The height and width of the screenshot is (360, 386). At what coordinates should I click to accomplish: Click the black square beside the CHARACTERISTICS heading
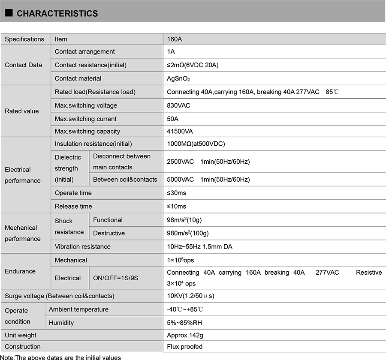9,13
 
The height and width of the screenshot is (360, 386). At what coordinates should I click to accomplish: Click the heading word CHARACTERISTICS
57,14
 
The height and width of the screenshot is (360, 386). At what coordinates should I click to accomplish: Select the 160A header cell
175,39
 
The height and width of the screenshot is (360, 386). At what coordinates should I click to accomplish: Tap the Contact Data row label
24,65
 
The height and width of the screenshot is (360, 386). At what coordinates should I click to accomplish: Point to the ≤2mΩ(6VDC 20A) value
193,65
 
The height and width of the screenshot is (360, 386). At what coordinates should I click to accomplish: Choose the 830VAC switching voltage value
178,105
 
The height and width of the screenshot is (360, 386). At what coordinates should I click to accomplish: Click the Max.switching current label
86,119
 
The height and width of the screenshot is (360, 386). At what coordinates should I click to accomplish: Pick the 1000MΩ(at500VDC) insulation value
196,144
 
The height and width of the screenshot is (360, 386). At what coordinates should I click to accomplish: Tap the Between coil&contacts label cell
125,179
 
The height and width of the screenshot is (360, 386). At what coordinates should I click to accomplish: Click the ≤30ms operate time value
176,193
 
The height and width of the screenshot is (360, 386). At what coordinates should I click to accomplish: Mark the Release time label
73,206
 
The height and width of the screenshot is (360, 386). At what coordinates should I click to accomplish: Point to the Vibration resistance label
83,246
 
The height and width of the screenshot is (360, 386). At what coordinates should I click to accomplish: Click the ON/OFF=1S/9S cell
116,278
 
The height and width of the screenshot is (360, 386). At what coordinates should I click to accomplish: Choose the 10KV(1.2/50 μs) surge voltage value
190,296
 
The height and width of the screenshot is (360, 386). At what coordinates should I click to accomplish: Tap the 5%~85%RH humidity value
185,323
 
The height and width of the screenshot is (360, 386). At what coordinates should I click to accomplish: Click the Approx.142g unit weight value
184,335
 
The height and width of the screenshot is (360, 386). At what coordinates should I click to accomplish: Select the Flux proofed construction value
184,346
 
